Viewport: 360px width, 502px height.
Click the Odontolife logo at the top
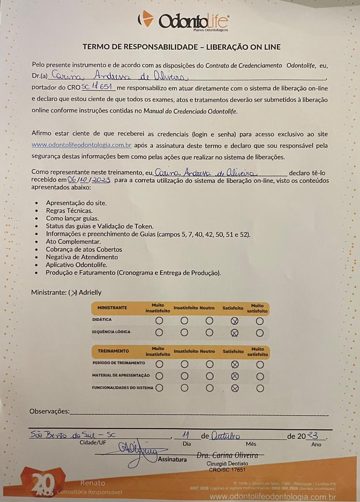183,20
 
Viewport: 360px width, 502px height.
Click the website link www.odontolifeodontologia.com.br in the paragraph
81,145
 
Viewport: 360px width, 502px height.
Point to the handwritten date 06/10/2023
89,180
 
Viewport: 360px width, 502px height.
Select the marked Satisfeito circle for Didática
235,321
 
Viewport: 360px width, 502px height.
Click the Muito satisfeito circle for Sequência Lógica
260,333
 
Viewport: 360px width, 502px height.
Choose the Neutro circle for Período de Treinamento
209,364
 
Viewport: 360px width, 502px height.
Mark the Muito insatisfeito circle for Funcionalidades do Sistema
159,388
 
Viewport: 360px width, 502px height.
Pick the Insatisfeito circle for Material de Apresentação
184,376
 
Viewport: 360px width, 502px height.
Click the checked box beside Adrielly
73,293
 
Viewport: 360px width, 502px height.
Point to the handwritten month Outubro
225,435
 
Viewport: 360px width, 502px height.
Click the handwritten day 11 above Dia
186,435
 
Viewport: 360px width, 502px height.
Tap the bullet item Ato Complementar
73,242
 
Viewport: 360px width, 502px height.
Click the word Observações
49,411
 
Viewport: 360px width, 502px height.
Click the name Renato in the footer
93,483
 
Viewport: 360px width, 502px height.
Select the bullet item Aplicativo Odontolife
76,265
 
